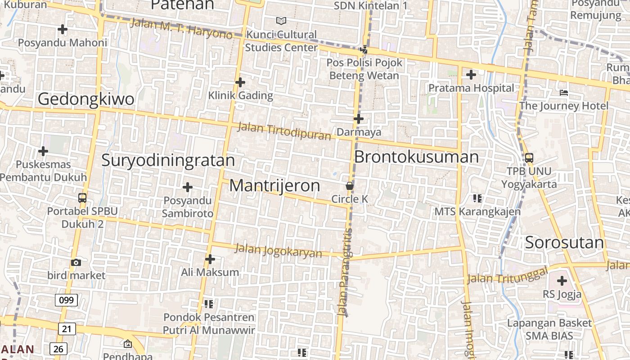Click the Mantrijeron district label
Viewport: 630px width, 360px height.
pos(274,186)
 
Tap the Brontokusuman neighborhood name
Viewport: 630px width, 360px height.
pos(416,157)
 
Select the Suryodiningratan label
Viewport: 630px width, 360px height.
pos(168,160)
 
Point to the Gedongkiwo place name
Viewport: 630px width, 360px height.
pos(85,99)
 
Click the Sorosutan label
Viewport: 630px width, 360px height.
pos(564,243)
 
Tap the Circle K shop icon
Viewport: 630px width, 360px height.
pos(349,185)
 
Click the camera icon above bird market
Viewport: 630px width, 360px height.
pos(76,262)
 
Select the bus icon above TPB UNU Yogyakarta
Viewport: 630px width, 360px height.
pos(529,158)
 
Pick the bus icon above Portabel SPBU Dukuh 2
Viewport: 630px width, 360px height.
pos(82,198)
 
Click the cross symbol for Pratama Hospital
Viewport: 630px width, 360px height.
pos(471,75)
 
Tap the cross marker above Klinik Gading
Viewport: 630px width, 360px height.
pos(240,82)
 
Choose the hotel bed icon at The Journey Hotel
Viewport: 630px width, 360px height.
pos(564,93)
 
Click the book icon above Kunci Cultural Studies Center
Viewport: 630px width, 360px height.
pos(281,21)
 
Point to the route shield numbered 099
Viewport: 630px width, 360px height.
pos(67,300)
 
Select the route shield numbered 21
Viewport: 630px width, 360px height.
pos(67,329)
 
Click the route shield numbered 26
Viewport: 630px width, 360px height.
pos(59,349)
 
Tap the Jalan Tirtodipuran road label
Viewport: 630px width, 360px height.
pos(284,131)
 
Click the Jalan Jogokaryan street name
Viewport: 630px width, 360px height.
pos(279,251)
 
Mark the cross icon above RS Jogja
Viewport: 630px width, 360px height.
pos(562,281)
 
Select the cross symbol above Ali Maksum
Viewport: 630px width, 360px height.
pos(210,259)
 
